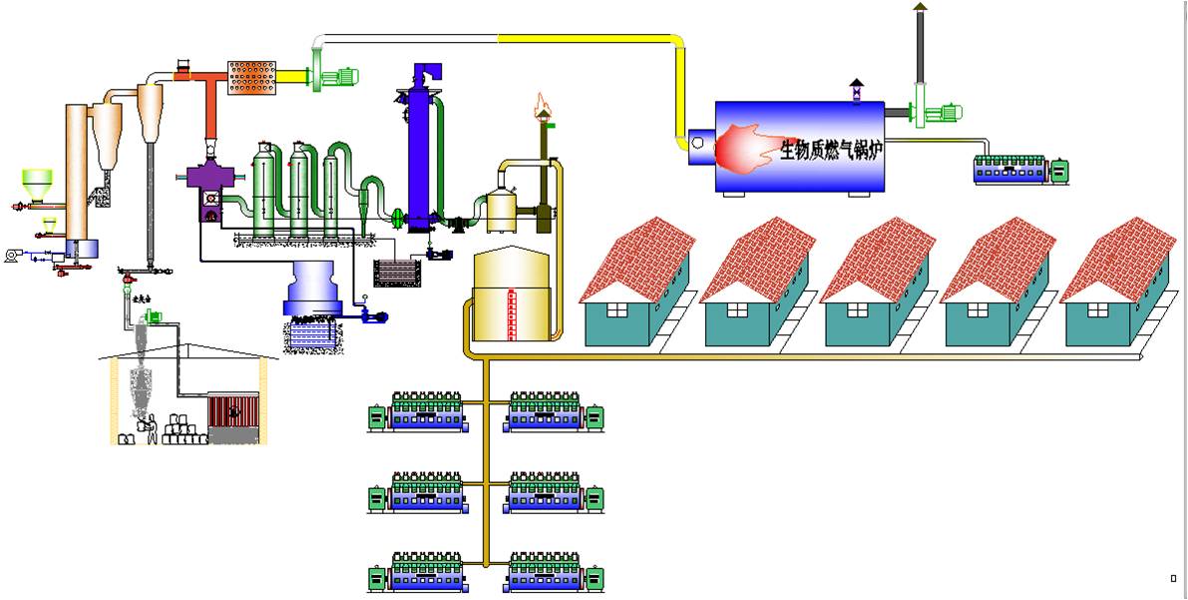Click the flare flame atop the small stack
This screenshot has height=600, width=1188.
tap(543, 103)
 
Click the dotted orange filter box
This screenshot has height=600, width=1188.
tap(251, 77)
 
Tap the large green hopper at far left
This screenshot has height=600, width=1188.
tap(37, 183)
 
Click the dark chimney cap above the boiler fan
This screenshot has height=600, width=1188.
tap(920, 7)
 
